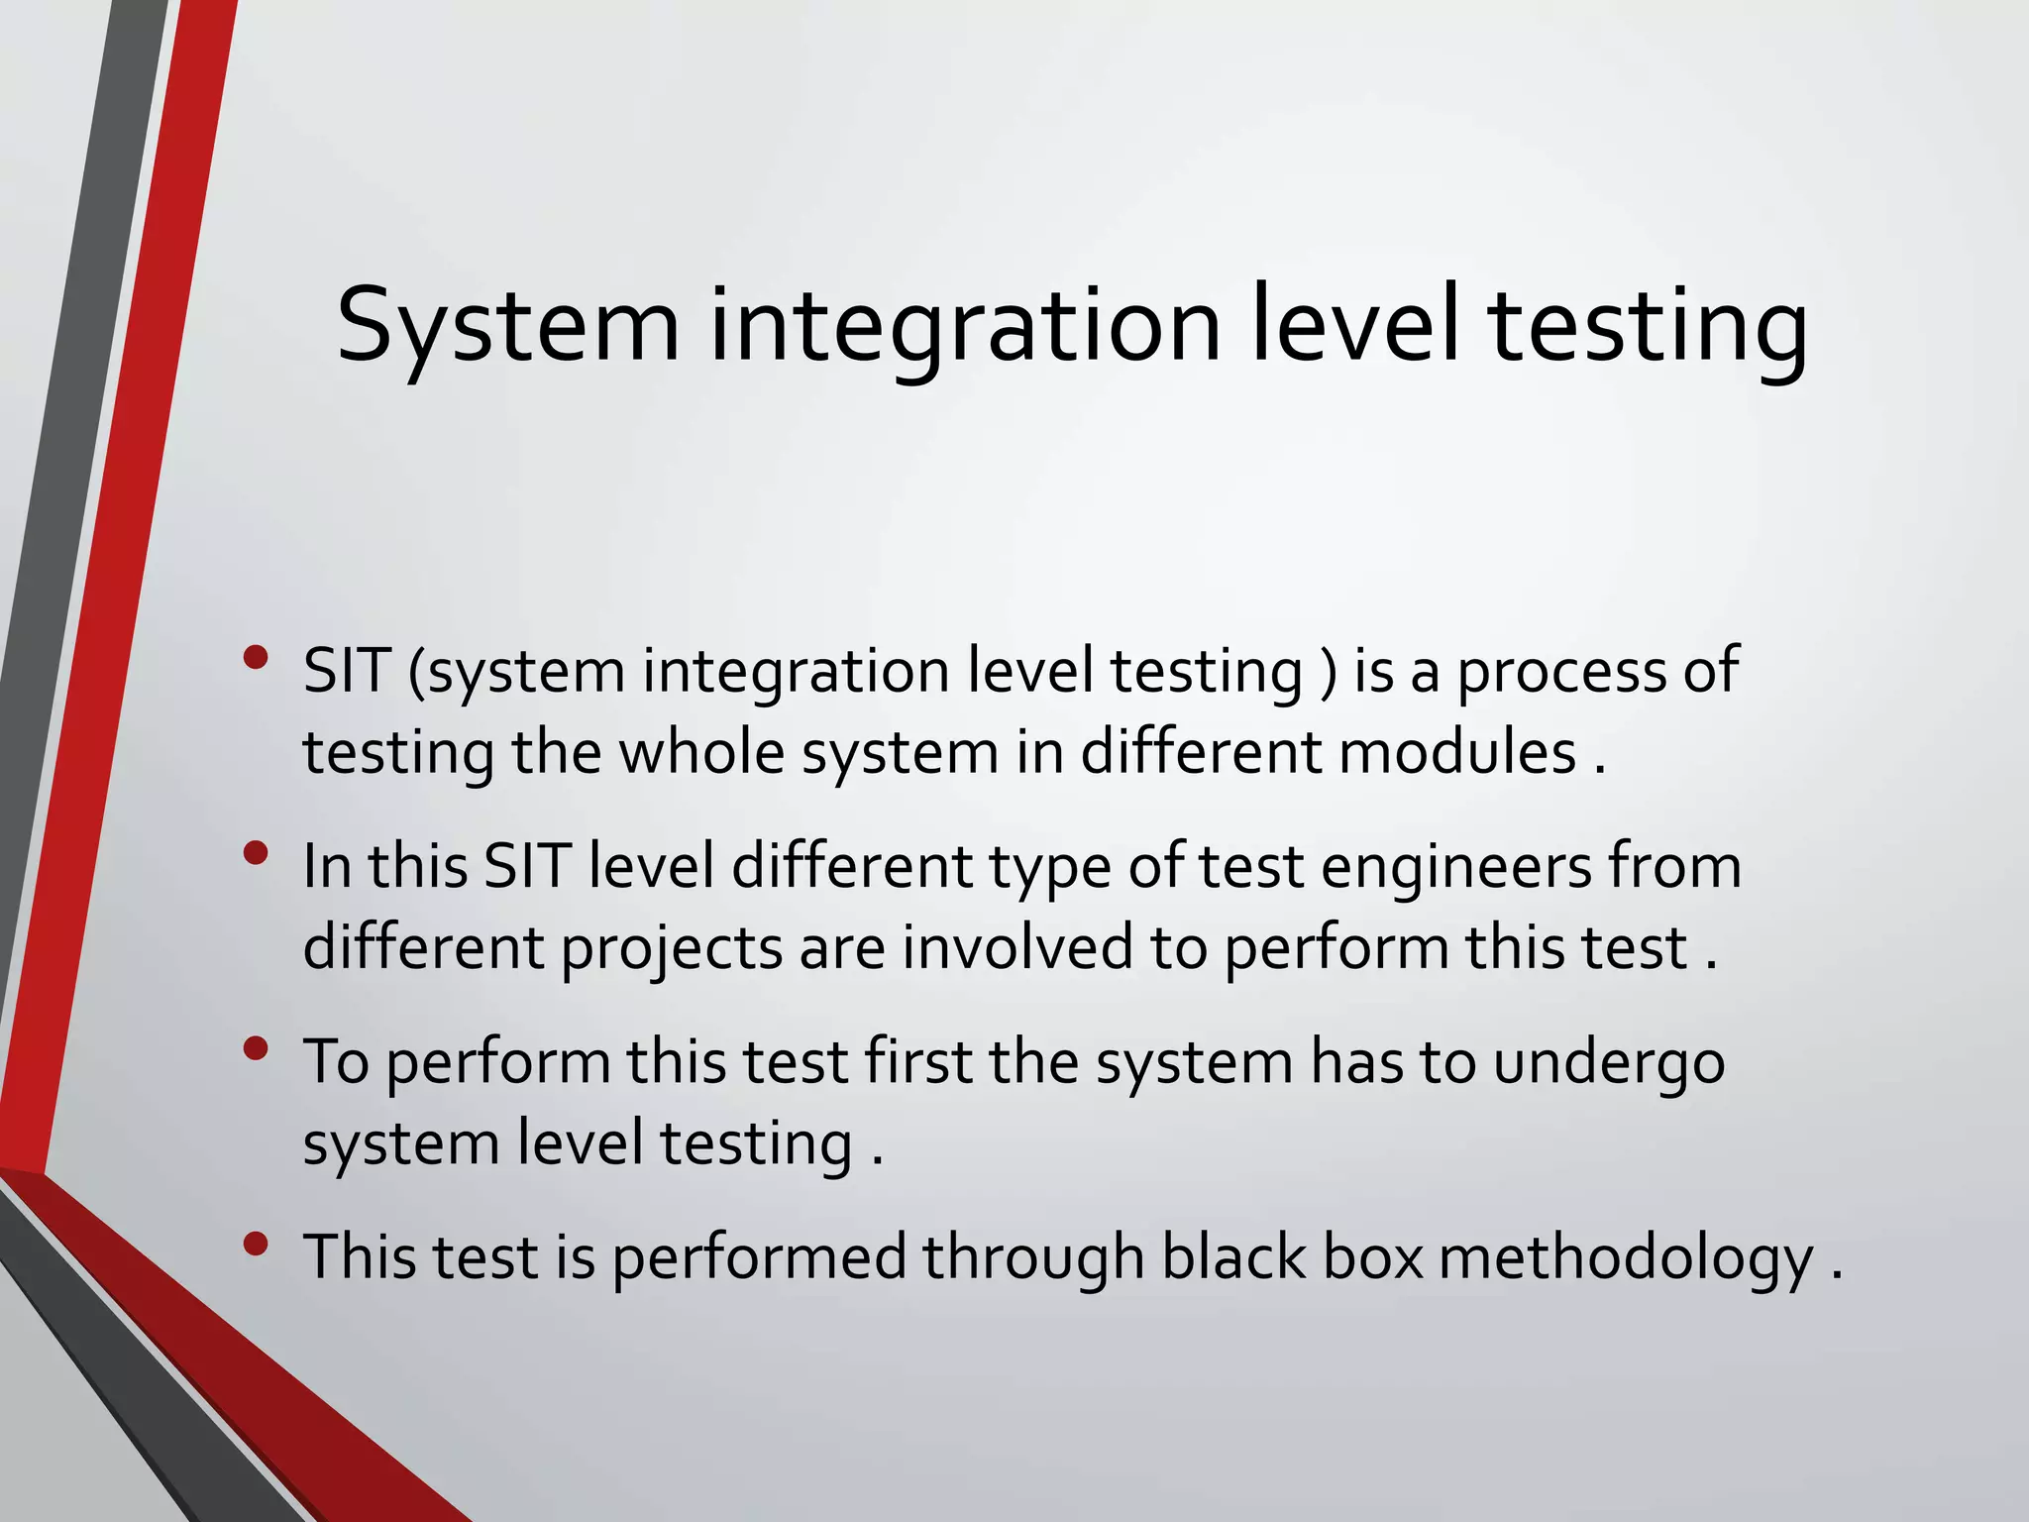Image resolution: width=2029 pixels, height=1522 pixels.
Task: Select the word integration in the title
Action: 965,327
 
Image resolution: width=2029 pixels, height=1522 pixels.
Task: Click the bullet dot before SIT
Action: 256,657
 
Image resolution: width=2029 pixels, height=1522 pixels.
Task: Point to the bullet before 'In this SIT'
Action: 256,852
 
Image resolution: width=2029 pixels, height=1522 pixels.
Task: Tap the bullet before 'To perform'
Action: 256,1048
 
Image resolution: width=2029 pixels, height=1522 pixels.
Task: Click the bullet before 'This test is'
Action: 256,1244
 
